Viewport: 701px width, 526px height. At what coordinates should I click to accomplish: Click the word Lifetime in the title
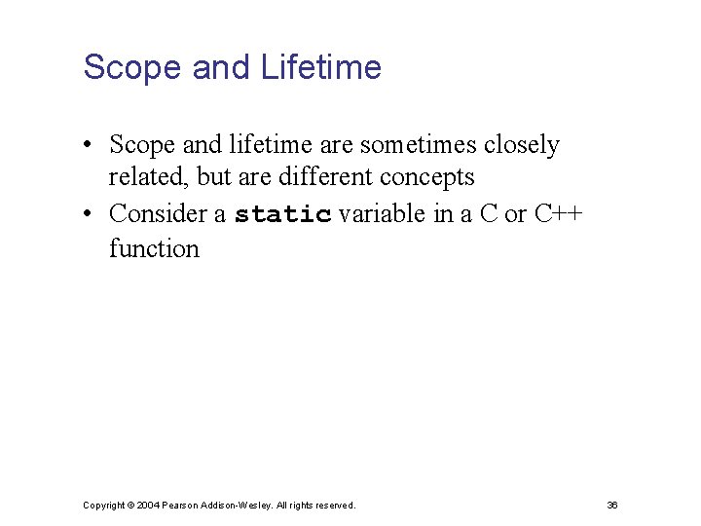tap(321, 67)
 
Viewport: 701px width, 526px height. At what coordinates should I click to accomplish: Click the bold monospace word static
tap(283, 214)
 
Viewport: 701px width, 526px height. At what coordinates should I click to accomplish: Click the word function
tap(154, 248)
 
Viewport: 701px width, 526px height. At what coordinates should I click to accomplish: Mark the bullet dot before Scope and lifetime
tap(88, 146)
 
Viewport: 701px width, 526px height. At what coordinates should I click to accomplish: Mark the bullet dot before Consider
tap(88, 214)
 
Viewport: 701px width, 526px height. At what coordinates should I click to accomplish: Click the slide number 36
tap(612, 505)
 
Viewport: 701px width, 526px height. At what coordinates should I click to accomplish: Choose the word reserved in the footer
tap(334, 505)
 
